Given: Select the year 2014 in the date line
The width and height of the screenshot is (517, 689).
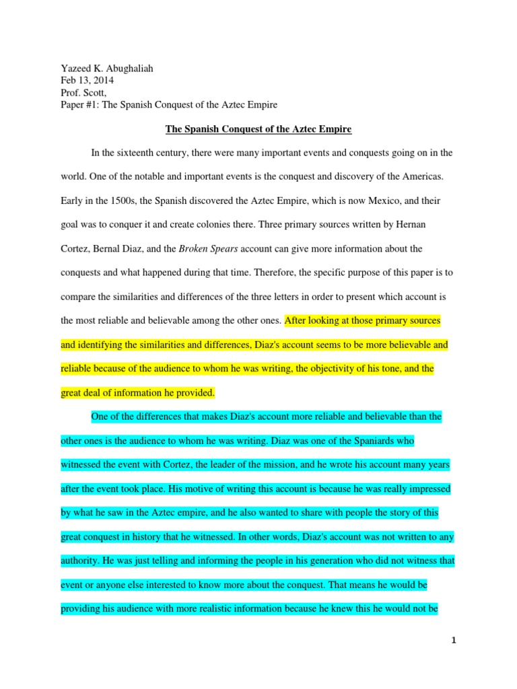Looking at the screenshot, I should click(104, 80).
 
